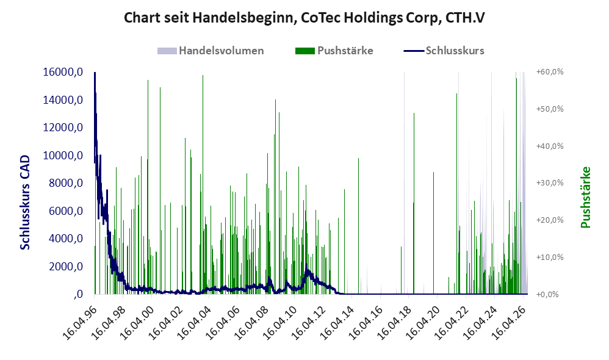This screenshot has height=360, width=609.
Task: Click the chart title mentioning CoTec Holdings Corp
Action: (304, 18)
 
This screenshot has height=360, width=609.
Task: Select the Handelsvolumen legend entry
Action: (211, 51)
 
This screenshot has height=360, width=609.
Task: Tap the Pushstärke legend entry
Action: (334, 51)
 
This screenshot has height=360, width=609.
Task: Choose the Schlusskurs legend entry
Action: (444, 51)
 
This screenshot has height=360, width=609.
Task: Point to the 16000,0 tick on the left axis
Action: (63, 72)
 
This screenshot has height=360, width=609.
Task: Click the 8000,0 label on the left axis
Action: (66, 183)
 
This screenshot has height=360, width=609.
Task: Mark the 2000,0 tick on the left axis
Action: (66, 267)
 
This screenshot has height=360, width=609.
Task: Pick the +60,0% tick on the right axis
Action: (550, 72)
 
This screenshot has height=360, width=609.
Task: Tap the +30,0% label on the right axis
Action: (550, 183)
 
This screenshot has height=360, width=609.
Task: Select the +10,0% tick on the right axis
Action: (550, 257)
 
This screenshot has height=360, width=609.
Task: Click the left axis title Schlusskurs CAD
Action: (25, 203)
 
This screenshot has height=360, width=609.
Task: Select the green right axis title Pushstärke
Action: (585, 197)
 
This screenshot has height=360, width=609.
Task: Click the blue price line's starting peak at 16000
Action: (95, 73)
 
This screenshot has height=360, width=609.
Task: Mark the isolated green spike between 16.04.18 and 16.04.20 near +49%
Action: (414, 204)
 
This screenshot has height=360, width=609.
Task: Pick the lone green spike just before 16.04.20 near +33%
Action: (434, 233)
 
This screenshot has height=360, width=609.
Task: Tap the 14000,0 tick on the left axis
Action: (63, 100)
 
